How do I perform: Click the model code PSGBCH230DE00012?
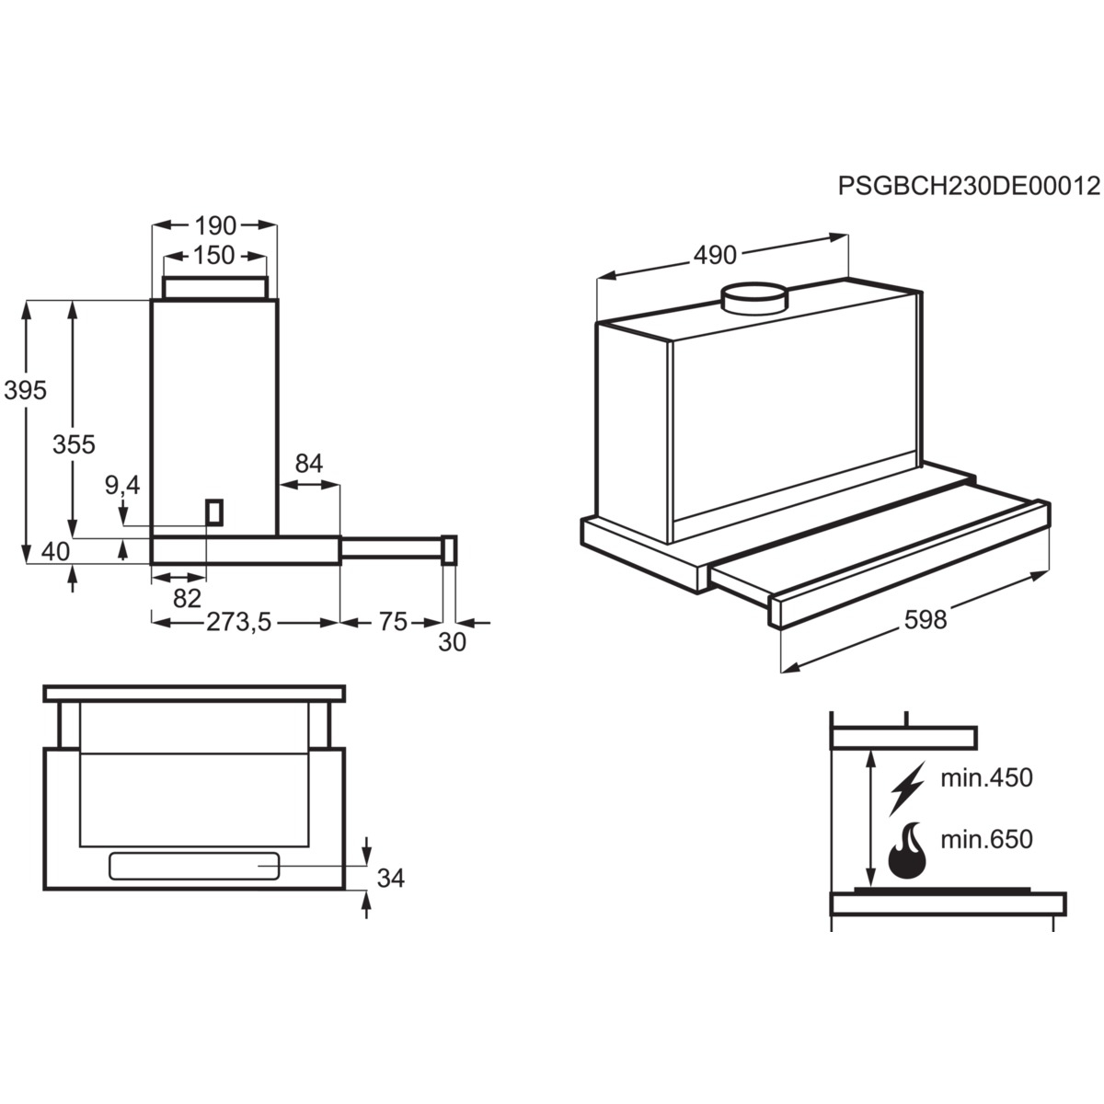tap(969, 186)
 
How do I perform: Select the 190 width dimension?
tap(215, 226)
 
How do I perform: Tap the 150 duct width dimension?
tap(213, 256)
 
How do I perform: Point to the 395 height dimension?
tap(25, 391)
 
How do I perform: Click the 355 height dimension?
tap(74, 444)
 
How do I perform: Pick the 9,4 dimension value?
tap(122, 485)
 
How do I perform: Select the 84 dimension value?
tap(309, 464)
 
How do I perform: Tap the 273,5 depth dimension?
tap(239, 622)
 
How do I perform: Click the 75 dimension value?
tap(393, 622)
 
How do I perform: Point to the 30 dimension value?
tap(452, 642)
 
